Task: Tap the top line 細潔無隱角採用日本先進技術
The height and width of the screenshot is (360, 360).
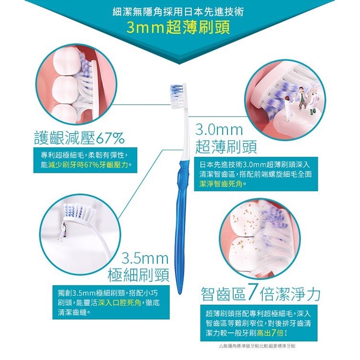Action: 179,12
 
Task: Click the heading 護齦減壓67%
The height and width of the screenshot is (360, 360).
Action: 79,138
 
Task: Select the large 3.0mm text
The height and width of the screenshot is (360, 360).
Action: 219,130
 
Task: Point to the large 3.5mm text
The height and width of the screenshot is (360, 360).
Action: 145,259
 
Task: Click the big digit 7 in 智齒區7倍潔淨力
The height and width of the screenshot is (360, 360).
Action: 253,293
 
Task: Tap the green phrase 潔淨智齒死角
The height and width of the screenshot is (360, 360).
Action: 221,184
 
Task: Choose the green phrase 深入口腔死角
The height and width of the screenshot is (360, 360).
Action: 120,303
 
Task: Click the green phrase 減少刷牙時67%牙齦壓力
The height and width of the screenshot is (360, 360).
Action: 88,165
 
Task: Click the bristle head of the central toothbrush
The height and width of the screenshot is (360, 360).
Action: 178,96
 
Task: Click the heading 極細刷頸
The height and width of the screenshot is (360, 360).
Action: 139,275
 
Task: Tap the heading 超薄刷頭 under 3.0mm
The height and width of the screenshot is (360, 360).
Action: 226,146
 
